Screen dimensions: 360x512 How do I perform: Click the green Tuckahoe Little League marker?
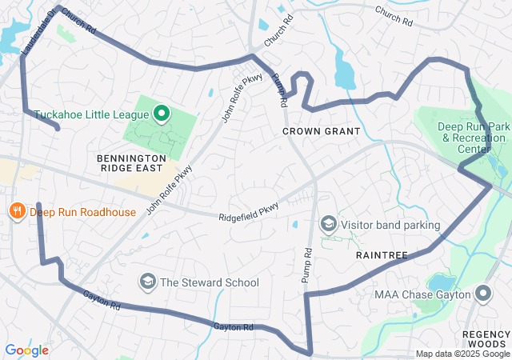coord(161,114)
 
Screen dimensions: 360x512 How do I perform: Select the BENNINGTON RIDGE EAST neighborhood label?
coord(131,164)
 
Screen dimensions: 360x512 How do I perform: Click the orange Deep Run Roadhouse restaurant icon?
coord(15,211)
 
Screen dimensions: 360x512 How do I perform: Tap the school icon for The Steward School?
coord(147,282)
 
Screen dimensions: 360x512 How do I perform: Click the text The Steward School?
coord(210,282)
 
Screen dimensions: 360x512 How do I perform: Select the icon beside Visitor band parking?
coord(328,225)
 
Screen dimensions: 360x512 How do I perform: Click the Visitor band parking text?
coord(390,225)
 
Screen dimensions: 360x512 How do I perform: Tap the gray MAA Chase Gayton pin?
coord(483,294)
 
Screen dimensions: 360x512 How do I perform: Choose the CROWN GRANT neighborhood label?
coord(321,130)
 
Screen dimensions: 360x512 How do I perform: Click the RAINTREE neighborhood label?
coord(382,254)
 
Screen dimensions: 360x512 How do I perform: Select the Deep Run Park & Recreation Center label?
coord(474,138)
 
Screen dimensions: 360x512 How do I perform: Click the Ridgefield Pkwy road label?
coord(249,212)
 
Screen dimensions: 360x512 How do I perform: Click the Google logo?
coord(26,350)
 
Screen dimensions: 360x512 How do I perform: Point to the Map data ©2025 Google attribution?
coord(462,354)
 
